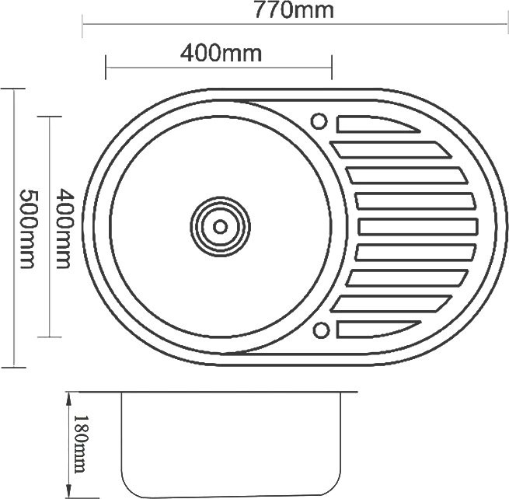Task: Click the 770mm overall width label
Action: [294, 10]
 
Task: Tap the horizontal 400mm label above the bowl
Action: [221, 54]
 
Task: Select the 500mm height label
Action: [28, 229]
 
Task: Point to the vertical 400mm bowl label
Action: [64, 229]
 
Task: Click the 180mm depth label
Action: [80, 444]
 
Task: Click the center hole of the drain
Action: [221, 227]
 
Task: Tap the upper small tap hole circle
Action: [319, 121]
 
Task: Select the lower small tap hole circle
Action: [322, 330]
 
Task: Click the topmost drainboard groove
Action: [378, 124]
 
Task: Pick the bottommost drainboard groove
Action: [378, 330]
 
